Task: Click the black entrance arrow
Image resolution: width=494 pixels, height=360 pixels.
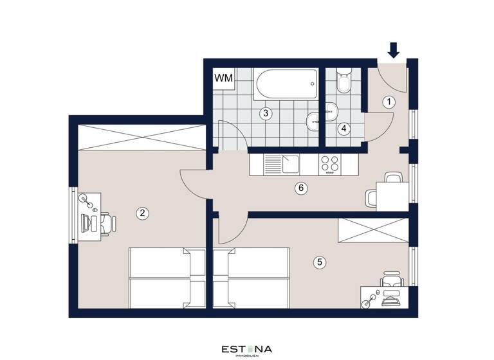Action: pyautogui.click(x=394, y=50)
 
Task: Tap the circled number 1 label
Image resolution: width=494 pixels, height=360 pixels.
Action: pyautogui.click(x=389, y=102)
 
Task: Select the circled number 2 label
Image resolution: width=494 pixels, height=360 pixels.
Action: pyautogui.click(x=143, y=213)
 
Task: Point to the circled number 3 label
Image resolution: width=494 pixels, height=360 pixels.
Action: pyautogui.click(x=264, y=114)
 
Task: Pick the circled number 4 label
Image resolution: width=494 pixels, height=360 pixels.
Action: pyautogui.click(x=344, y=128)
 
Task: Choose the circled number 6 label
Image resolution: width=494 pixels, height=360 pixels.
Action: pyautogui.click(x=300, y=188)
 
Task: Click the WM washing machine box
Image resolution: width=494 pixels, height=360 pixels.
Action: pyautogui.click(x=223, y=78)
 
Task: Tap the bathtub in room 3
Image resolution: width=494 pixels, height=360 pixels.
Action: pyautogui.click(x=287, y=84)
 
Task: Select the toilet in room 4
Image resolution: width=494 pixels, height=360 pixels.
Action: pyautogui.click(x=342, y=82)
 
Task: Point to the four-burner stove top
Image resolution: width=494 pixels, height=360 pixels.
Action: pyautogui.click(x=330, y=165)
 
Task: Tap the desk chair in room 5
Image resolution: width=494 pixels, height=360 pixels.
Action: pyautogui.click(x=391, y=282)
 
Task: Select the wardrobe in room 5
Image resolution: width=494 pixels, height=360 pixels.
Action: pyautogui.click(x=373, y=230)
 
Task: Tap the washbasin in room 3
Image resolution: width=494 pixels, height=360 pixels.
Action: pyautogui.click(x=313, y=120)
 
